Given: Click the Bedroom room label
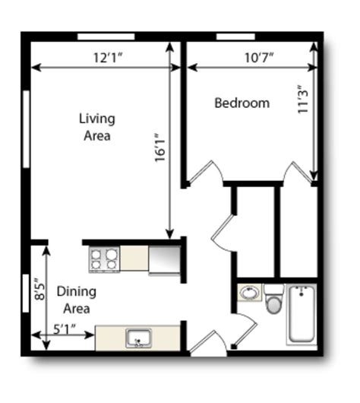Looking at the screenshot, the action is pyautogui.click(x=242, y=103).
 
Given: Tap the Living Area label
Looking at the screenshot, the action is pyautogui.click(x=97, y=127).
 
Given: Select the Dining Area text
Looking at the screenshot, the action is pyautogui.click(x=77, y=300).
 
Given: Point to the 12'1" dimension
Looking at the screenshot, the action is pyautogui.click(x=108, y=57).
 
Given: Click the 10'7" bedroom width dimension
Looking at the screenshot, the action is pyautogui.click(x=259, y=57).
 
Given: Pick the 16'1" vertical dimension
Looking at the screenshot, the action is pyautogui.click(x=160, y=148).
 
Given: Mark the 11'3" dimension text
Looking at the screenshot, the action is pyautogui.click(x=302, y=99).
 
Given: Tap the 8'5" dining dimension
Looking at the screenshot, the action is pyautogui.click(x=39, y=289).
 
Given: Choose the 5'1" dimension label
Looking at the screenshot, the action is pyautogui.click(x=65, y=329).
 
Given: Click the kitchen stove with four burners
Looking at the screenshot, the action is pyautogui.click(x=104, y=259).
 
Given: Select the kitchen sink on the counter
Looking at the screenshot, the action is pyautogui.click(x=139, y=338).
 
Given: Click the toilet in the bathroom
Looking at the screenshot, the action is pyautogui.click(x=274, y=299).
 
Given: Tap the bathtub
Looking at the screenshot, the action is pyautogui.click(x=302, y=314).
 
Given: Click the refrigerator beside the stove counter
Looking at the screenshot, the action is pyautogui.click(x=165, y=261).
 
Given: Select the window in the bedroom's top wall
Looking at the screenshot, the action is pyautogui.click(x=235, y=36).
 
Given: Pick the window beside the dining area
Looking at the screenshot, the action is pyautogui.click(x=26, y=294).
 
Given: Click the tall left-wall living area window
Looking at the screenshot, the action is pyautogui.click(x=26, y=129).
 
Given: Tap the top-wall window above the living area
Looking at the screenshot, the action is pyautogui.click(x=106, y=36).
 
